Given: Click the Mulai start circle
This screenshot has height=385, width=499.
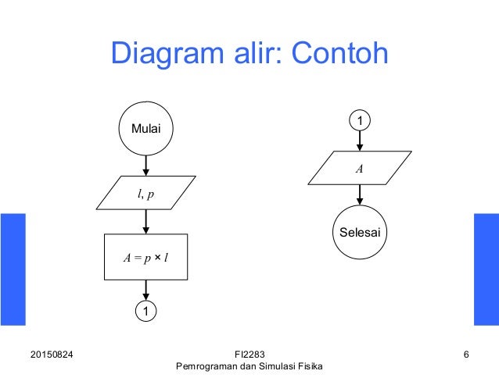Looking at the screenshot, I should (145, 128).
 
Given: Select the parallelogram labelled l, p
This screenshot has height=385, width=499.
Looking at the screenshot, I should (145, 193).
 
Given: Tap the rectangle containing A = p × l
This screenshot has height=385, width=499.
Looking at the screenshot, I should (145, 257).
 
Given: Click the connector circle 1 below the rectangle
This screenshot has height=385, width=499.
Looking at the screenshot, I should (145, 312).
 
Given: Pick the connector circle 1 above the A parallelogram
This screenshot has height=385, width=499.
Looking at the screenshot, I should (360, 121).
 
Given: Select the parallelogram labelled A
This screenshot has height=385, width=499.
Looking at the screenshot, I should (360, 168).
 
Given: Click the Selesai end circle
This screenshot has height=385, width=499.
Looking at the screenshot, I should (360, 232).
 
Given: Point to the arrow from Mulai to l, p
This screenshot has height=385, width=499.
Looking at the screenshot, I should (145, 165).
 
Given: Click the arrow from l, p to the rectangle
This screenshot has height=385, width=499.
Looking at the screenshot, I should (145, 222).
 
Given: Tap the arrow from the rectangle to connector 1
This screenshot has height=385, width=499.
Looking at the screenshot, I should (145, 291).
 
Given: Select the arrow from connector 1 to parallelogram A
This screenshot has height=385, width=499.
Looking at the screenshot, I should (360, 141).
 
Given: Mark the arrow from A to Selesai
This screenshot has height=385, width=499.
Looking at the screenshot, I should (360, 194).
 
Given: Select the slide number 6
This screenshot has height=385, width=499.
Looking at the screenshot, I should (466, 355).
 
